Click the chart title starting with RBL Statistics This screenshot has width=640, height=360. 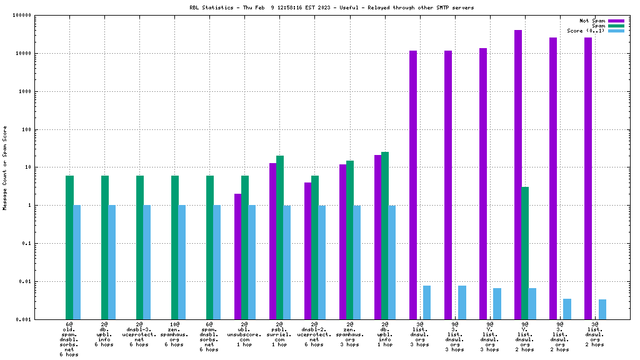(x=331, y=7)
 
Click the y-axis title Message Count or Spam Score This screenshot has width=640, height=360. (x=5, y=167)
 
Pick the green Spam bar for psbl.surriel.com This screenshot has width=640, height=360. (x=280, y=237)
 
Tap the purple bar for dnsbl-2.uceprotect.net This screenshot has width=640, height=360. (x=308, y=250)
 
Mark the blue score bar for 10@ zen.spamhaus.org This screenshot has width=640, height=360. (x=182, y=262)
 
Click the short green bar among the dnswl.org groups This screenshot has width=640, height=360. (x=525, y=252)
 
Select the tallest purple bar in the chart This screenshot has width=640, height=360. (x=518, y=175)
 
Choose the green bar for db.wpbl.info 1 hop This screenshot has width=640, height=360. (x=385, y=235)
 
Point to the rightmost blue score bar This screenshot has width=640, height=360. (x=602, y=309)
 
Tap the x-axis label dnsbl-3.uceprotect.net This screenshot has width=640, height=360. (x=139, y=335)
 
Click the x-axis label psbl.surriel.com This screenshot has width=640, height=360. (x=279, y=335)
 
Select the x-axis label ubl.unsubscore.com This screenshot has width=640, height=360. (x=244, y=335)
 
